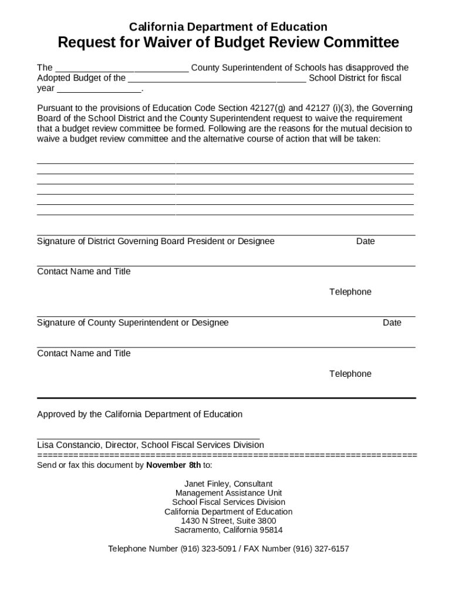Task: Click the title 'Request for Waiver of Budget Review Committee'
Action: (228, 43)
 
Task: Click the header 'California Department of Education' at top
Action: (228, 26)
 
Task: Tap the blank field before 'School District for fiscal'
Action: (217, 78)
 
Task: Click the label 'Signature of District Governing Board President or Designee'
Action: (156, 241)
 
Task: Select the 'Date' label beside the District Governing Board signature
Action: (365, 241)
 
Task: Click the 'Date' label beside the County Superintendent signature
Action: (392, 323)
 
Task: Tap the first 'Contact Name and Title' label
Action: (84, 271)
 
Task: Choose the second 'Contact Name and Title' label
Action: (84, 353)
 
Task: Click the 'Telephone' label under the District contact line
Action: (350, 292)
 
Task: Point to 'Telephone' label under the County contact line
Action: (350, 374)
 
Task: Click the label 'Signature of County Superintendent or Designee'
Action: (133, 323)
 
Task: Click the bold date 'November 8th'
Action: (173, 465)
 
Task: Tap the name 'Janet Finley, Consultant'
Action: (228, 484)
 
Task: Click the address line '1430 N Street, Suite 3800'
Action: (228, 521)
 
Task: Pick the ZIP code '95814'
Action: (269, 530)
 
